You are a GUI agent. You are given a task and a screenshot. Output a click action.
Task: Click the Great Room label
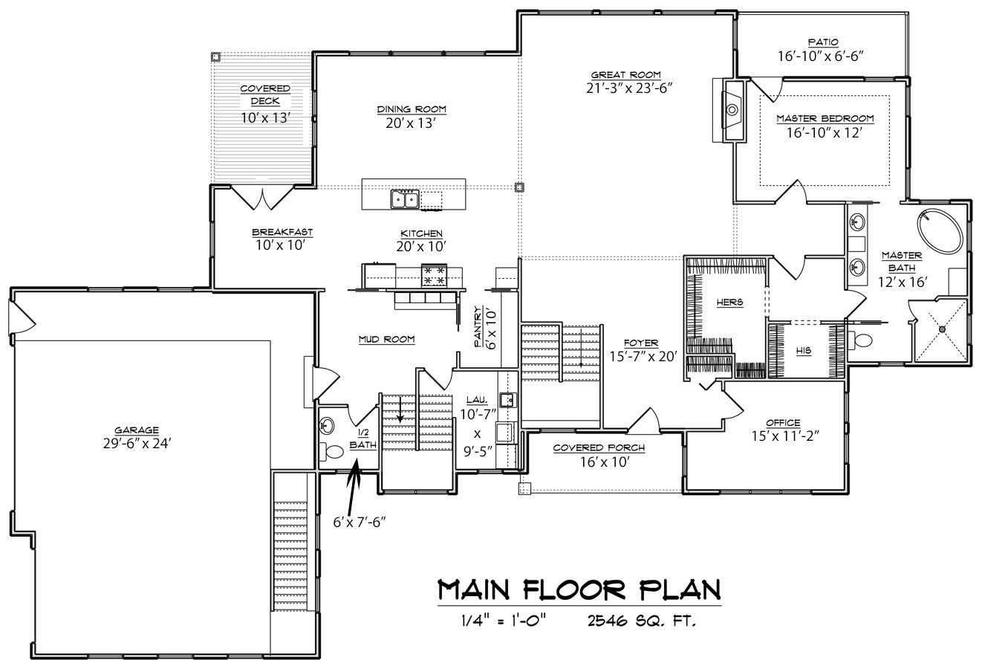625,75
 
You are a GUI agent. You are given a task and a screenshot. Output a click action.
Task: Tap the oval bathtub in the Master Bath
940,231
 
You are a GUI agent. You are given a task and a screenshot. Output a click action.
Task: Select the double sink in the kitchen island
405,199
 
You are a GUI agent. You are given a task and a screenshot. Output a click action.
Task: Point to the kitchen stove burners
434,275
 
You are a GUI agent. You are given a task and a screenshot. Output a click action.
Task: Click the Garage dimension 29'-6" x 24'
137,444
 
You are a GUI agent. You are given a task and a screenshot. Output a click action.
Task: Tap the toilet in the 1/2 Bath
331,452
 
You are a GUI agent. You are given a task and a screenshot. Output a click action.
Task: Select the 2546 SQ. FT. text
642,621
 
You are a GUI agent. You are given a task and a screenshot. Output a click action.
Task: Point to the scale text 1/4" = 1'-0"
504,620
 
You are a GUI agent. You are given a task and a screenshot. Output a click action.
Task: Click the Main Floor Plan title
579,590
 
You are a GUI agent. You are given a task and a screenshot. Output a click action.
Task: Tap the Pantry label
478,326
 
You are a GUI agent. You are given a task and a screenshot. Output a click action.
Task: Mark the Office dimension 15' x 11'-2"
786,436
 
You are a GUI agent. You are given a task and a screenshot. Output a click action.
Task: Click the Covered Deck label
265,94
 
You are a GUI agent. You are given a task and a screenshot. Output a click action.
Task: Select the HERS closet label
730,303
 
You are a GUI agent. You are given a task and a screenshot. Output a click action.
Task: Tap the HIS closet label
804,351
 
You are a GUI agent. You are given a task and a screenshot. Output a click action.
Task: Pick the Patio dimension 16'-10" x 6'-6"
821,56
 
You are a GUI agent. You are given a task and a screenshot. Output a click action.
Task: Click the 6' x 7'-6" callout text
360,522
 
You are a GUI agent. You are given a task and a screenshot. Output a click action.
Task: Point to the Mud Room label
387,339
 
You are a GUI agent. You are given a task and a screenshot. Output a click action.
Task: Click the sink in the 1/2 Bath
326,425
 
